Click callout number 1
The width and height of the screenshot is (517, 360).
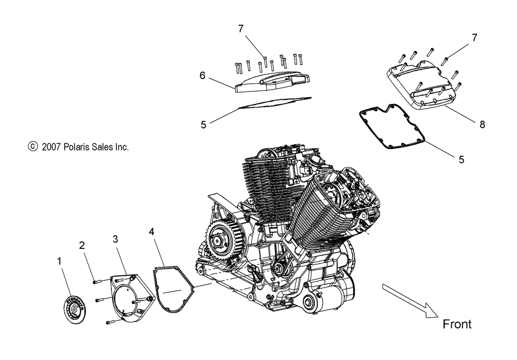59,262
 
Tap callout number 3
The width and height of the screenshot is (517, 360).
116,238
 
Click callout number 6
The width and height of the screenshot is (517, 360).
202,76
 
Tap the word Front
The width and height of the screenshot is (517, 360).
457,324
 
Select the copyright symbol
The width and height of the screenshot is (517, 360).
33,147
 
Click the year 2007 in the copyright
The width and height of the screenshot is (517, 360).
52,147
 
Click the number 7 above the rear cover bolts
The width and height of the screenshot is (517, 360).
241,29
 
